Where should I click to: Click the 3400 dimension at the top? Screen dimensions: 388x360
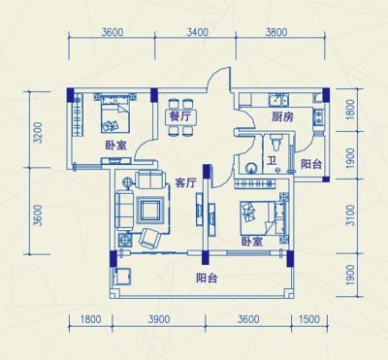pyautogui.click(x=198, y=32)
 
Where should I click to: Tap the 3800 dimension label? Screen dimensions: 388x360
pyautogui.click(x=276, y=32)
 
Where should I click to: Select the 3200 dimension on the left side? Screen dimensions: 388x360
pyautogui.click(x=38, y=133)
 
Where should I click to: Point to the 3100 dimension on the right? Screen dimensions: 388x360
pyautogui.click(x=350, y=215)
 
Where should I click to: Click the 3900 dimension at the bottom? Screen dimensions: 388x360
pyautogui.click(x=159, y=319)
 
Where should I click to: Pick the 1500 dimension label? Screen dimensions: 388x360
pyautogui.click(x=309, y=319)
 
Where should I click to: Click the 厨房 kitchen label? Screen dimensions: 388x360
pyautogui.click(x=282, y=117)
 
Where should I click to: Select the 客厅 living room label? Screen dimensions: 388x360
pyautogui.click(x=185, y=183)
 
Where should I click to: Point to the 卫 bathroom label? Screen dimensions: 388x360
pyautogui.click(x=272, y=161)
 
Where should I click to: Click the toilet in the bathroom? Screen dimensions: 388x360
pyautogui.click(x=276, y=142)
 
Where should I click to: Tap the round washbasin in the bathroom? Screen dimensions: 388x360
pyautogui.click(x=251, y=168)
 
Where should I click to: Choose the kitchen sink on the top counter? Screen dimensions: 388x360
pyautogui.click(x=278, y=100)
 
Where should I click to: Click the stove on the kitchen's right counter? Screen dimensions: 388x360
pyautogui.click(x=318, y=116)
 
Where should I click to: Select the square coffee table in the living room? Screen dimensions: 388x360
pyautogui.click(x=149, y=211)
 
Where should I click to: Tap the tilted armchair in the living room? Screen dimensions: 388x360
pyautogui.click(x=149, y=239)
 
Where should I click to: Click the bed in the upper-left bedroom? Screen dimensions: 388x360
pyautogui.click(x=115, y=114)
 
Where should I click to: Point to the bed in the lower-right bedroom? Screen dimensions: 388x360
pyautogui.click(x=263, y=218)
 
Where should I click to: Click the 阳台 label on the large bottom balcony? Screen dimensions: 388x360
pyautogui.click(x=207, y=278)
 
